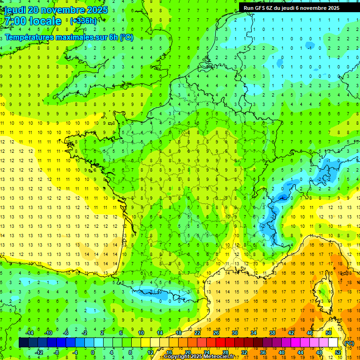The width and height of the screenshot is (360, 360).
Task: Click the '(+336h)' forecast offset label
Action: (83, 21)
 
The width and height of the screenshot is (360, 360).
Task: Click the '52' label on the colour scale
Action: (338, 352)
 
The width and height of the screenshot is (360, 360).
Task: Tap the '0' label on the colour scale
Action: (93, 352)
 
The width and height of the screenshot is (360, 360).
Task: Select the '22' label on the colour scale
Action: (197, 333)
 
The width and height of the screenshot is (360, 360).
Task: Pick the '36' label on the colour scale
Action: (263, 352)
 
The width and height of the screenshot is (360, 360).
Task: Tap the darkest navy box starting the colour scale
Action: (23, 343)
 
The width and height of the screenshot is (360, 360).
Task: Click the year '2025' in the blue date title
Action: (95, 10)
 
